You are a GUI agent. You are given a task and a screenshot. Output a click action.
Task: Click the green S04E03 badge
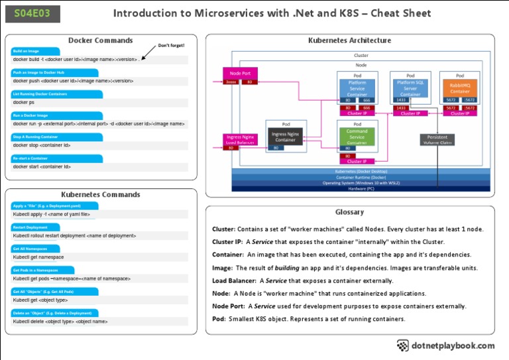(x=32, y=13)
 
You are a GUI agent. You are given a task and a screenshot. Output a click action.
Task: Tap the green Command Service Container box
(x=357, y=137)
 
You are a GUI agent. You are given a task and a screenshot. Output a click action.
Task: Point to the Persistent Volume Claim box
(x=437, y=139)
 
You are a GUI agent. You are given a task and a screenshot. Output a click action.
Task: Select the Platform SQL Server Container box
(x=410, y=88)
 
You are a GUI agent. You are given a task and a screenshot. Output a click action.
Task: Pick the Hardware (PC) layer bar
(x=361, y=188)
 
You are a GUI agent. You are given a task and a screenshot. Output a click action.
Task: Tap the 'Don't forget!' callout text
(x=171, y=46)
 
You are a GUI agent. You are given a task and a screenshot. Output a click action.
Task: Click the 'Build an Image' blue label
(x=27, y=51)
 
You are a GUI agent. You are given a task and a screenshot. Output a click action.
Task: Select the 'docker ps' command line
(x=24, y=102)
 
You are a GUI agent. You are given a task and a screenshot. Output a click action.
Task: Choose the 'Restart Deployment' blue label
(x=29, y=227)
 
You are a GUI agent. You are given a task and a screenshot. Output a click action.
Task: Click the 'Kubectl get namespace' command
(x=38, y=257)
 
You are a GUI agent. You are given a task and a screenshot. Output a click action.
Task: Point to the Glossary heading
(x=349, y=212)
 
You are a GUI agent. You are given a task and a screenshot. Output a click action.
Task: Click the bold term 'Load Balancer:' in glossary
(x=235, y=280)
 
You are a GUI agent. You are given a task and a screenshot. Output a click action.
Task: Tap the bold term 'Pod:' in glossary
(x=219, y=319)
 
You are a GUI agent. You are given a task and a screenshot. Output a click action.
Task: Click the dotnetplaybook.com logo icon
(x=403, y=345)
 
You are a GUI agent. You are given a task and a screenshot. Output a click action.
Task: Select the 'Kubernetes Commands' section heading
(x=101, y=195)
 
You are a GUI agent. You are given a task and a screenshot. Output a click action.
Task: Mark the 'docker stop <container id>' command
(x=42, y=145)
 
